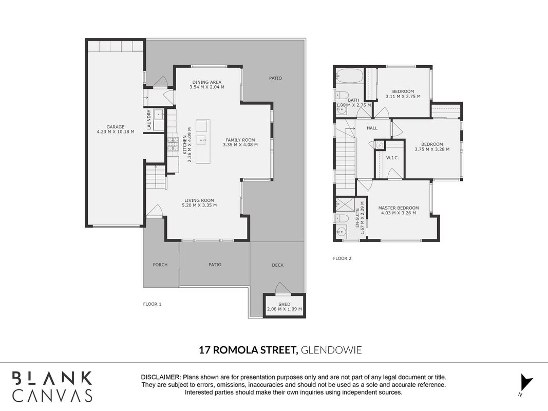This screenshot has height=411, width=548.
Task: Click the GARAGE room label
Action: [116, 127]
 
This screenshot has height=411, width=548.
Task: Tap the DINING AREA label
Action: [207, 82]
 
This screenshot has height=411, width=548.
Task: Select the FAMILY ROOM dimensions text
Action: [240, 145]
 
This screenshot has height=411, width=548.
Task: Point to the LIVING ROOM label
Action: [199, 200]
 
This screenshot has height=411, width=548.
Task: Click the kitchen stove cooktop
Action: [173, 144]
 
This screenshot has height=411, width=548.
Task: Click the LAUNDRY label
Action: [149, 120]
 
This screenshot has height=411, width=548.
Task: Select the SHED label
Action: [285, 304]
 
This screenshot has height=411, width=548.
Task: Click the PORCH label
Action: [160, 265]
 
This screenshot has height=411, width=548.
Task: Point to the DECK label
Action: [278, 265]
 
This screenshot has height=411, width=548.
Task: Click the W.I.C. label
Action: [392, 158]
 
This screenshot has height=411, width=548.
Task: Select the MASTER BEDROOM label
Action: [399, 208]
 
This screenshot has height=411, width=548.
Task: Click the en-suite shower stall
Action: [345, 204]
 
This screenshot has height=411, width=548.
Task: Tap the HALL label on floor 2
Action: [372, 128]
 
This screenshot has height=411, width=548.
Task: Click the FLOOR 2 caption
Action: [342, 258]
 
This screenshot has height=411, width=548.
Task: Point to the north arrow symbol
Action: [525, 383]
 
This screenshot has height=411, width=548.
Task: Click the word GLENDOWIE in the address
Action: [331, 350]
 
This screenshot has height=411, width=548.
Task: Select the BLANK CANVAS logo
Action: [52, 386]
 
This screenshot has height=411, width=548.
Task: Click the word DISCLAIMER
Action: [161, 377]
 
